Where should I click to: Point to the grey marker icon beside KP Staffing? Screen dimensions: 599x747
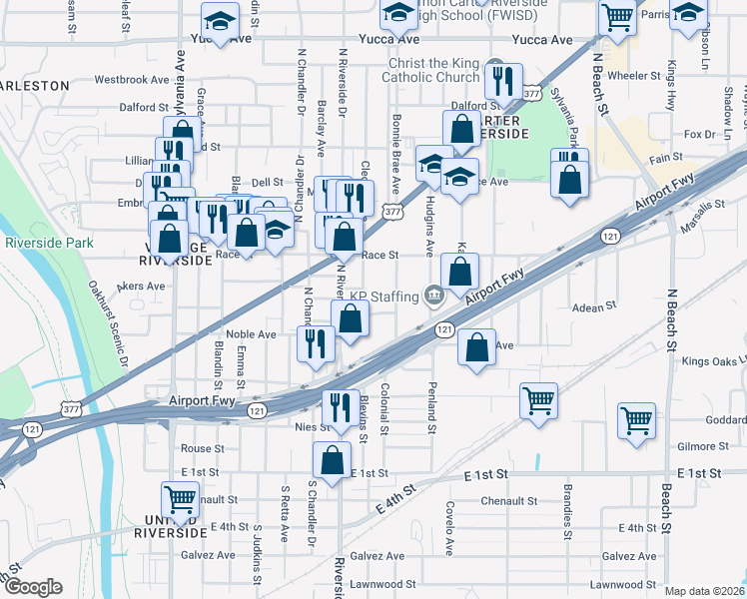(x=434, y=296)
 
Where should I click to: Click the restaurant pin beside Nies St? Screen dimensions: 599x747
(x=340, y=407)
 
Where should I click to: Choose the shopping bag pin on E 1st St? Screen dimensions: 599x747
(x=332, y=460)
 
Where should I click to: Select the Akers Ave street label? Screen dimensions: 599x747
(x=141, y=286)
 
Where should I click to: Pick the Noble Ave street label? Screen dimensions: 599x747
(x=251, y=334)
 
